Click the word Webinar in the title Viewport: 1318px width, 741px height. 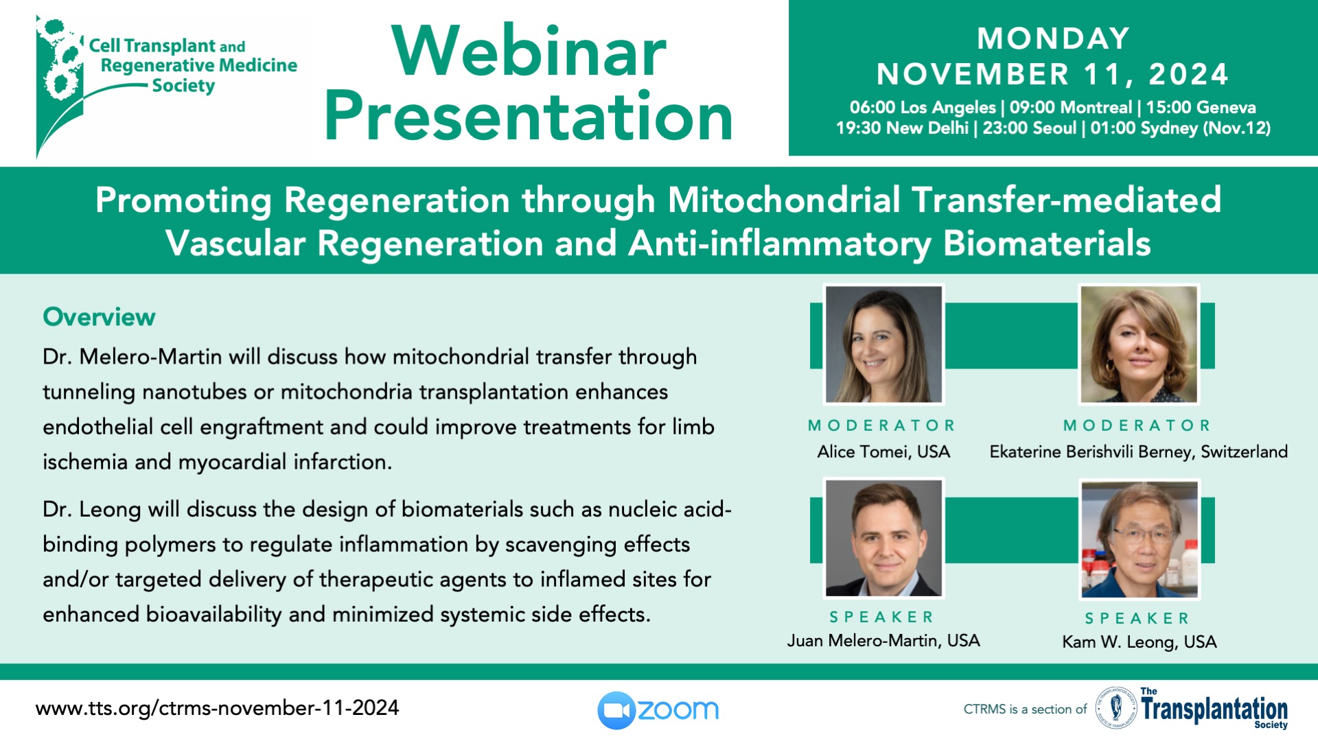coord(529,51)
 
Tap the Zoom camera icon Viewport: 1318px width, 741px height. coord(616,710)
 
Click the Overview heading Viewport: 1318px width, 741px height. coord(99,317)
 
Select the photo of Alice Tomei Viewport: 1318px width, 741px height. coord(884,344)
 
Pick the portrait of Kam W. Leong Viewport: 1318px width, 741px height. coord(1140,539)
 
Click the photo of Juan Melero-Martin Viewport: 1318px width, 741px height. coord(884,538)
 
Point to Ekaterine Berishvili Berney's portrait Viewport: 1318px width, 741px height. coord(1140,344)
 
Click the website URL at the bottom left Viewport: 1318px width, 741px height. coord(217,708)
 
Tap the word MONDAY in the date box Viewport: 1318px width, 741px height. coord(1053,38)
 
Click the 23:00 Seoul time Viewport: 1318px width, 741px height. coord(1030,128)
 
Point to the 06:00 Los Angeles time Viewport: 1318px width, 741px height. coord(923,108)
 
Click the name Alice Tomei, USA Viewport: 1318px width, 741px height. coord(883,451)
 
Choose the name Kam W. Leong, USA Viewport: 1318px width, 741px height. coord(1140,642)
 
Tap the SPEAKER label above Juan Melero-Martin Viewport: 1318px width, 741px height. coord(882,617)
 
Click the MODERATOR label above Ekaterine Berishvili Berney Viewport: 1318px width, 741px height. coord(1137,425)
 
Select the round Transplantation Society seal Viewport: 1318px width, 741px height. coord(1116,707)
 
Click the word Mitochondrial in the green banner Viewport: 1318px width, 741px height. coord(783,200)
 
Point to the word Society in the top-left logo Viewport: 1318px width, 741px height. coord(183,86)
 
